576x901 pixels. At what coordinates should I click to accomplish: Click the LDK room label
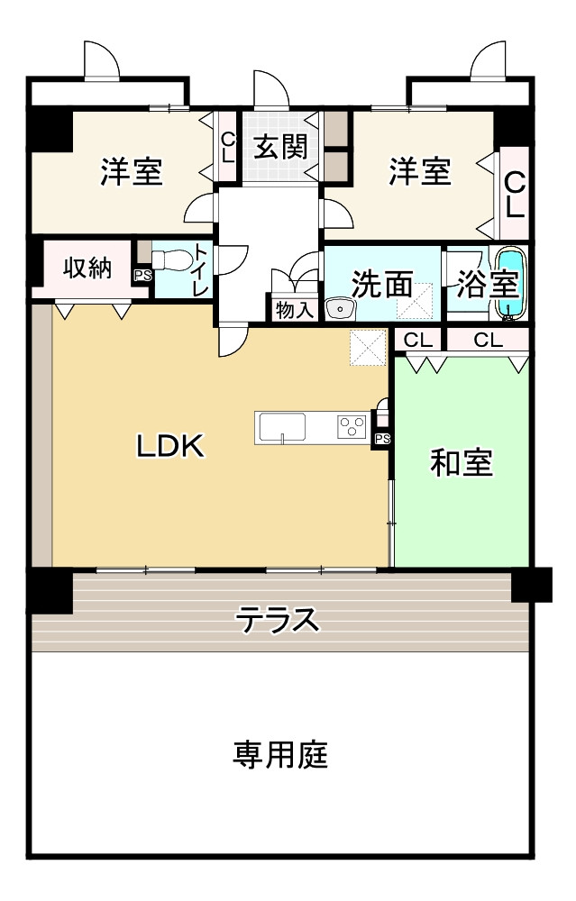pyautogui.click(x=171, y=444)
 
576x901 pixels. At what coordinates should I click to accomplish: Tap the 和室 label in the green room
pyautogui.click(x=461, y=463)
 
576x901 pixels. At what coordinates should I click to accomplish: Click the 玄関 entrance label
pyautogui.click(x=279, y=146)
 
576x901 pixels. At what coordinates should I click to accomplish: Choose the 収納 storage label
pyautogui.click(x=87, y=268)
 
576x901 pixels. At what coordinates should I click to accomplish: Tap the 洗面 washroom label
pyautogui.click(x=381, y=285)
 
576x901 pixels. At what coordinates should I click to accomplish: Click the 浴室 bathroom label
pyautogui.click(x=486, y=285)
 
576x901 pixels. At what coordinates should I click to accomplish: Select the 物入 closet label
pyautogui.click(x=295, y=310)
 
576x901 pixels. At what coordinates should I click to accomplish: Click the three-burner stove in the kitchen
pyautogui.click(x=352, y=426)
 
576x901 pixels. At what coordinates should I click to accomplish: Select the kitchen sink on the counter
pyautogui.click(x=283, y=426)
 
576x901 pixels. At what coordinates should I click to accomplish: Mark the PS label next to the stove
pyautogui.click(x=381, y=439)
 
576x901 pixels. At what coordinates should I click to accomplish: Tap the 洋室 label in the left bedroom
pyautogui.click(x=132, y=171)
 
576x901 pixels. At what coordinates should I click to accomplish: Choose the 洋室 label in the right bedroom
pyautogui.click(x=420, y=171)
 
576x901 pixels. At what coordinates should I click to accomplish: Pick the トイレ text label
pyautogui.click(x=200, y=269)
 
